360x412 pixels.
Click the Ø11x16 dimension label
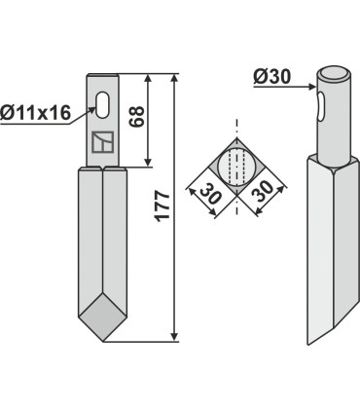coord(36,114)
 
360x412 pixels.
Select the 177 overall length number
coord(162,206)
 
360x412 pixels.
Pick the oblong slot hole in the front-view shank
coord(103,102)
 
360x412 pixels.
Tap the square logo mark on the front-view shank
coord(102,144)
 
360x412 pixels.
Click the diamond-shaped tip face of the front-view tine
coord(102,318)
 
